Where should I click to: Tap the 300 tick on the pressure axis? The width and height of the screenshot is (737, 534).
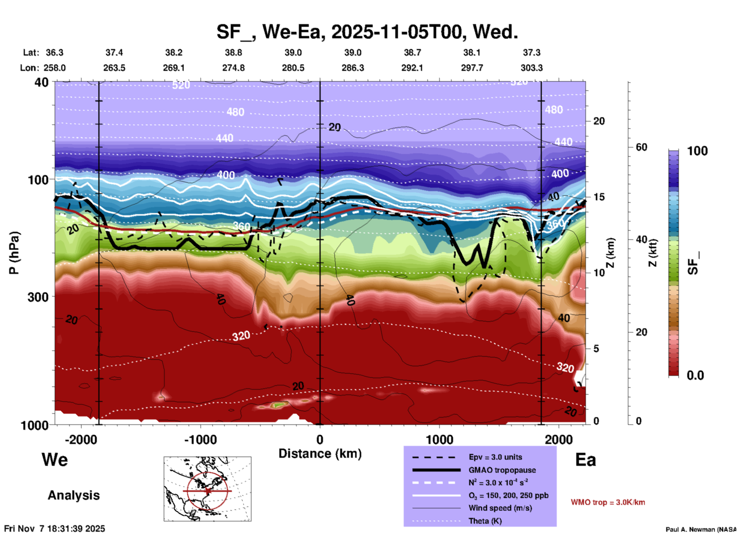click(38, 297)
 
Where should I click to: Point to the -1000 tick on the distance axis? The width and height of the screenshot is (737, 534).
click(200, 440)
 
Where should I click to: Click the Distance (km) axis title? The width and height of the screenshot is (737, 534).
click(320, 454)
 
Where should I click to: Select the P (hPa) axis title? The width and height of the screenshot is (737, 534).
click(14, 253)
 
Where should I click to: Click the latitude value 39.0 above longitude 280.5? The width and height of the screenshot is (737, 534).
click(293, 52)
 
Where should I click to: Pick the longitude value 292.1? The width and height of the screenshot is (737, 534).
click(412, 68)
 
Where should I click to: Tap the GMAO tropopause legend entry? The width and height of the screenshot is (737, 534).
click(502, 470)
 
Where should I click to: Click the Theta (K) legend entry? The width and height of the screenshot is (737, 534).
click(485, 521)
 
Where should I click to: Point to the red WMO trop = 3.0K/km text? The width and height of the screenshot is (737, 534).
click(608, 502)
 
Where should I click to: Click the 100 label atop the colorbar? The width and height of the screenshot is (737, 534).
click(697, 151)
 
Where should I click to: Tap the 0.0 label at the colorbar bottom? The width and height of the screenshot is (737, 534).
click(695, 375)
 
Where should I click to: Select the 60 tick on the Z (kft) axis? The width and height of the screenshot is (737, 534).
click(641, 147)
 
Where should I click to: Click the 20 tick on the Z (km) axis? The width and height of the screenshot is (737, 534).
click(599, 121)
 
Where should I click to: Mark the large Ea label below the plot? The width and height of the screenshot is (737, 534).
click(585, 460)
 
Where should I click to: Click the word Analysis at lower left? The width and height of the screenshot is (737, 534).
click(73, 495)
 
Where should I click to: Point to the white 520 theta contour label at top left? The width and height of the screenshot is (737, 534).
click(181, 85)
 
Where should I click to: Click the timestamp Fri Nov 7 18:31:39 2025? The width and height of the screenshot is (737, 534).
click(55, 529)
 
